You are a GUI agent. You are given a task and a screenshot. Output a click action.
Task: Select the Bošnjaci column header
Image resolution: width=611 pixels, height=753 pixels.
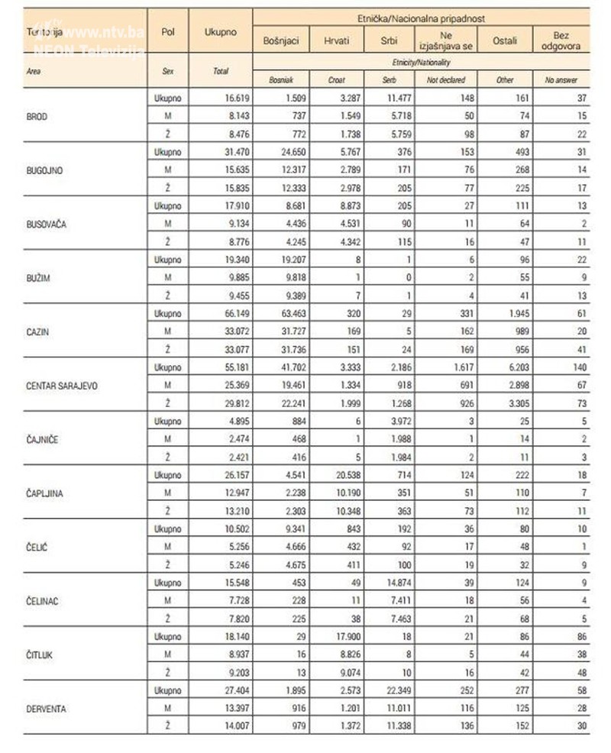pyautogui.click(x=281, y=40)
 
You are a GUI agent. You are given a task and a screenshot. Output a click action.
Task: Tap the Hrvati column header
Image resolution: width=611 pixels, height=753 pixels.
pyautogui.click(x=337, y=40)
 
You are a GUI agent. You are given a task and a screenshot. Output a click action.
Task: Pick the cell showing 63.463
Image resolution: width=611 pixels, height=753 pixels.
pyautogui.click(x=280, y=314)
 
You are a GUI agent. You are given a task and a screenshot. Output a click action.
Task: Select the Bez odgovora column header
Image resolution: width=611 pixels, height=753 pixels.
pyautogui.click(x=561, y=40)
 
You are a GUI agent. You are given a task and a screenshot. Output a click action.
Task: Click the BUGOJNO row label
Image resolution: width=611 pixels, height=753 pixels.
pyautogui.click(x=45, y=169)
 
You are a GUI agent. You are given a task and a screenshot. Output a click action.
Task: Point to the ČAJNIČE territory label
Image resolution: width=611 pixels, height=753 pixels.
pyautogui.click(x=45, y=439)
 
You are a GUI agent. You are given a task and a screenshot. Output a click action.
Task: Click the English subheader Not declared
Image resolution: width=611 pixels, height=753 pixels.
pyautogui.click(x=446, y=79)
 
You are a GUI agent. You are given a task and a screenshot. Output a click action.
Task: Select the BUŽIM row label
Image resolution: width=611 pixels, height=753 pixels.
pyautogui.click(x=38, y=277)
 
